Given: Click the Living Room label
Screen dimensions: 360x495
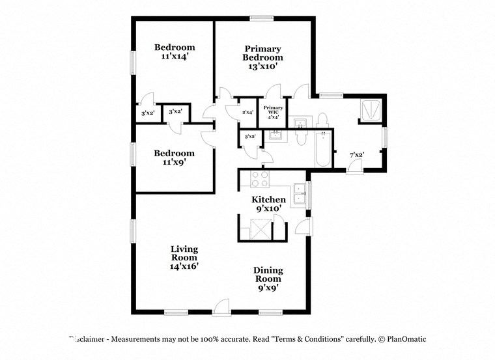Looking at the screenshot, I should [184, 257].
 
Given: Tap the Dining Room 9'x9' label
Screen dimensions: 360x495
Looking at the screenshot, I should [268, 278].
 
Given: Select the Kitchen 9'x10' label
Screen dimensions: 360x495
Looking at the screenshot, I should [269, 204].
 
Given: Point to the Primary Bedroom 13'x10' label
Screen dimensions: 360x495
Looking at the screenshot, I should [262, 57].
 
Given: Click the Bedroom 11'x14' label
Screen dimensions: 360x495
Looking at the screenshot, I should [174, 52].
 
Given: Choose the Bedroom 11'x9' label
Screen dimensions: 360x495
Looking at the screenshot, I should [174, 158].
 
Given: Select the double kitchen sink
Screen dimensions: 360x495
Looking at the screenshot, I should [299, 195].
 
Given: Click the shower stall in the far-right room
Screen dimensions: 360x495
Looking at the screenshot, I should [371, 111].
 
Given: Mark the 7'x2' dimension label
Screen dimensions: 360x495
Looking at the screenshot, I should [356, 154].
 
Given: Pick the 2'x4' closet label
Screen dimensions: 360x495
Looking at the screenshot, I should [247, 113].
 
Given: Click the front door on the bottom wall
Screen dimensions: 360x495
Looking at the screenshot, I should [221, 308].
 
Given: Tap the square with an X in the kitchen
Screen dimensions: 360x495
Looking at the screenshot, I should [261, 230].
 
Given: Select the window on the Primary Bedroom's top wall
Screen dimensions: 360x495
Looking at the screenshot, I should [262, 18].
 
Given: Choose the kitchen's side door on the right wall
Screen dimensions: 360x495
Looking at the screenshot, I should [304, 227].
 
